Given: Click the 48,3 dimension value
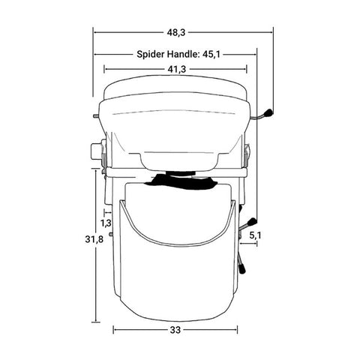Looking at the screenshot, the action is coord(176,32).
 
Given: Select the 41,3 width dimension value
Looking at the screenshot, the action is coord(176,69).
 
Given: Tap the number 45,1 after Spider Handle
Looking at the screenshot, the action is coord(211,54).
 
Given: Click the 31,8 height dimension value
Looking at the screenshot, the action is coord(94,239).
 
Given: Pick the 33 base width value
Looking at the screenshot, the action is coord(175,330).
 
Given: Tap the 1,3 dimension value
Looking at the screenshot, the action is coord(106,223).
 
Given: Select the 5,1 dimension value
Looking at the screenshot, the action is coord(255,235).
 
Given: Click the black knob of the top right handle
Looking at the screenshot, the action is coord(268,113).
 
